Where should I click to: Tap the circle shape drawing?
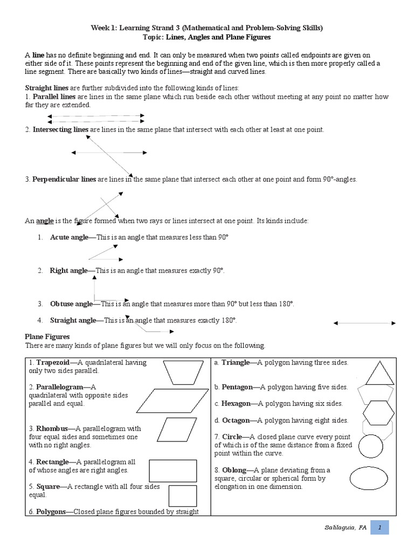click(370, 446)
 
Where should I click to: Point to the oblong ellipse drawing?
click(371, 478)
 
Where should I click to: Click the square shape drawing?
click(182, 495)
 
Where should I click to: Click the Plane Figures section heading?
click(47, 337)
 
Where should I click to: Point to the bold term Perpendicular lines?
click(64, 179)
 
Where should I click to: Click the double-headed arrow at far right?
click(364, 323)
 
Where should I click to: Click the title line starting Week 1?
click(206, 27)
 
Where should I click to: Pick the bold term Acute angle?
click(69, 237)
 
